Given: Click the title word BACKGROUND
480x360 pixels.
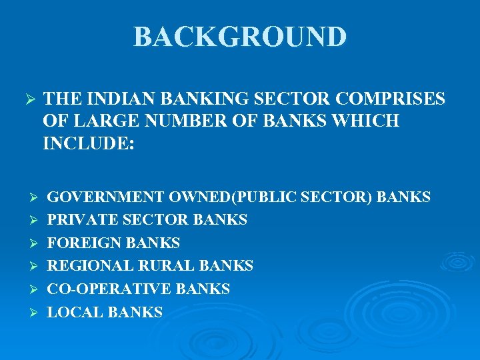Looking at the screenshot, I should pos(240,37).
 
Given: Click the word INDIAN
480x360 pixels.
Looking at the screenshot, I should pos(112,99).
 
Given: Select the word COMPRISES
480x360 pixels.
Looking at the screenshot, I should pos(391,99).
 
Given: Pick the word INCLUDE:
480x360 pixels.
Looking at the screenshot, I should pos(88,143).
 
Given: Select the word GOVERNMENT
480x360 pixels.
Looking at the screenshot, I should pos(106,197).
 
